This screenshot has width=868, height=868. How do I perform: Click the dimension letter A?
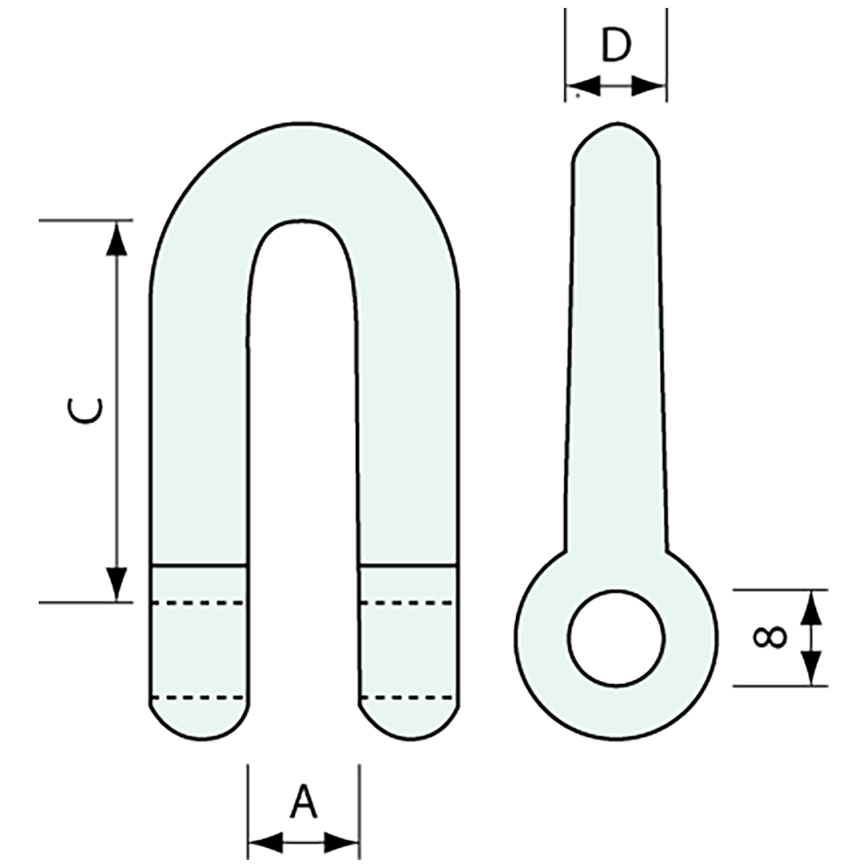(x=303, y=803)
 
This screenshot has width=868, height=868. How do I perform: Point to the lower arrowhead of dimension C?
(x=117, y=583)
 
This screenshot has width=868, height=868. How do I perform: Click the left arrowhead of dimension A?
(x=265, y=842)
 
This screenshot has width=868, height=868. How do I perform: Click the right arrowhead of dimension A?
(x=342, y=842)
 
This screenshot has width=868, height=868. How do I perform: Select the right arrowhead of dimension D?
(x=649, y=86)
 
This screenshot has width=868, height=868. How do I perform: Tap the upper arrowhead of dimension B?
(x=812, y=608)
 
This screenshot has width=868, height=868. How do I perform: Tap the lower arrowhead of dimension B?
(x=812, y=667)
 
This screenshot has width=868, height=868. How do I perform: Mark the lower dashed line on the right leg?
(x=408, y=698)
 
